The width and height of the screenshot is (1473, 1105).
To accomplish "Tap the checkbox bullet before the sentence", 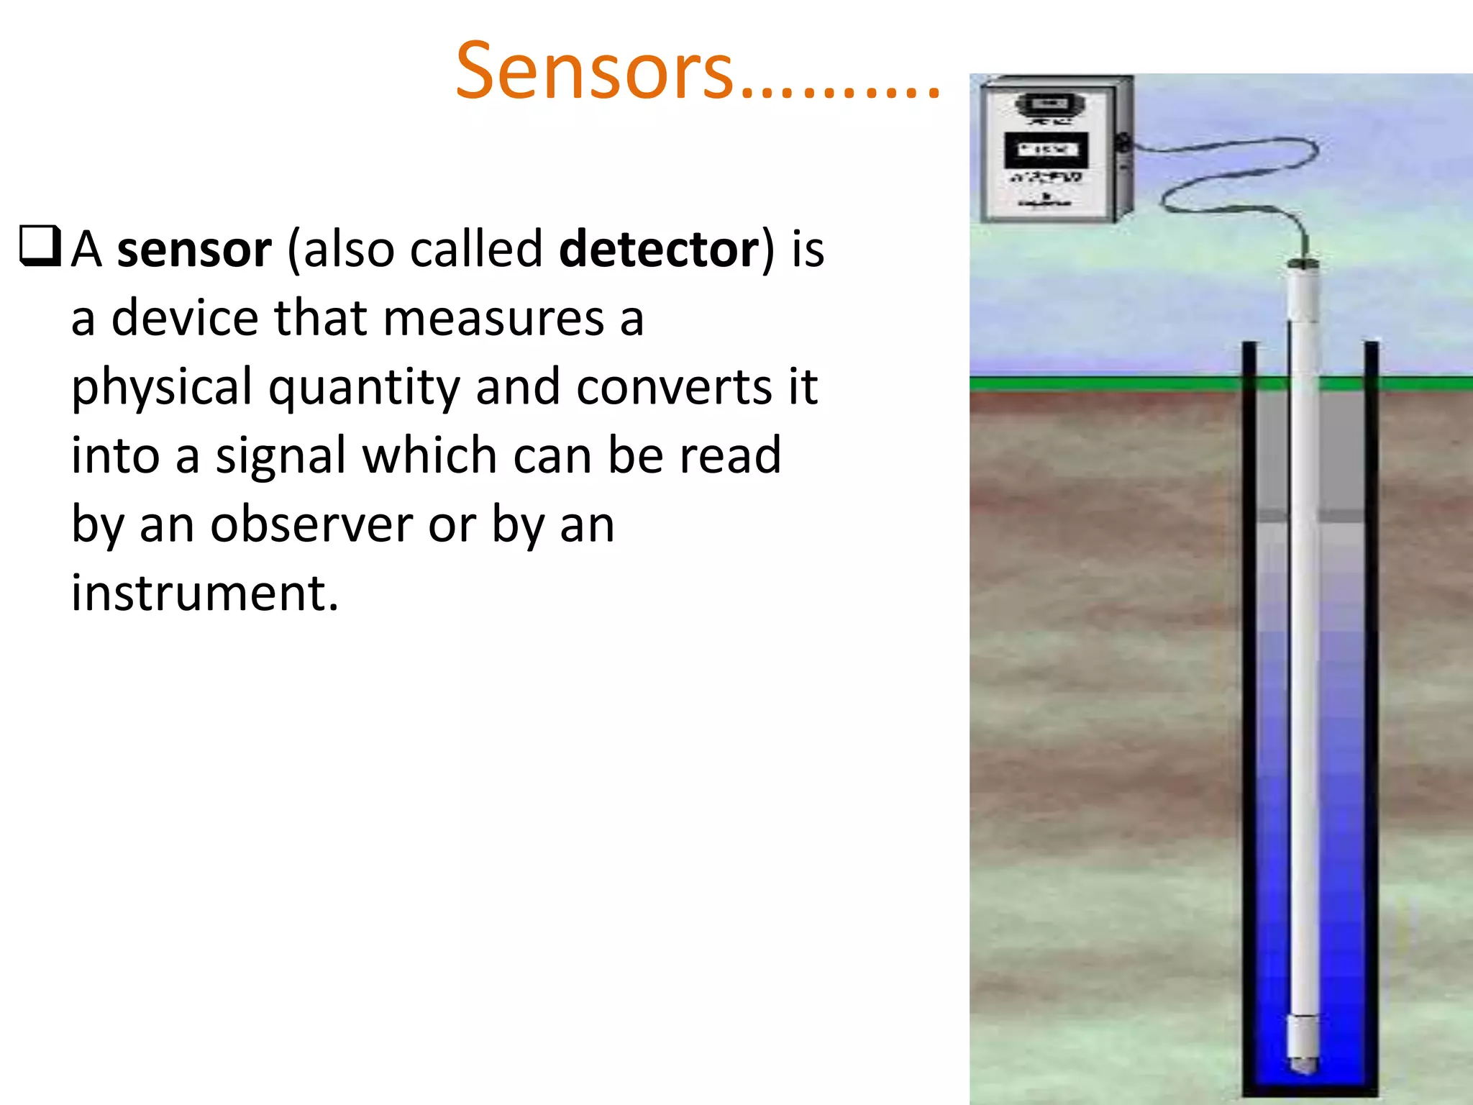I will click(x=40, y=247).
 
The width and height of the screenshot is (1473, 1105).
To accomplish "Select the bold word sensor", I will click(x=194, y=250).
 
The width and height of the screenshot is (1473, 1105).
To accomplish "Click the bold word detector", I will click(x=659, y=250).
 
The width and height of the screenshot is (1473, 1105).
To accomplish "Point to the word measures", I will click(x=493, y=318).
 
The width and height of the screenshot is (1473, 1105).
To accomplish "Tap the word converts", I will click(x=675, y=387).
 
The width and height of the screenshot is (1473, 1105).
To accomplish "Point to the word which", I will click(x=429, y=455).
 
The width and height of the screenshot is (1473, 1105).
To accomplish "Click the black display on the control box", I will click(x=1045, y=150).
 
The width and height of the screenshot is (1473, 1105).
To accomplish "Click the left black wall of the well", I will click(x=1249, y=719).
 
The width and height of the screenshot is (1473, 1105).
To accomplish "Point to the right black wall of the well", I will click(x=1371, y=719).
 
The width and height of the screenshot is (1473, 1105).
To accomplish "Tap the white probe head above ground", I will click(x=1303, y=291).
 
